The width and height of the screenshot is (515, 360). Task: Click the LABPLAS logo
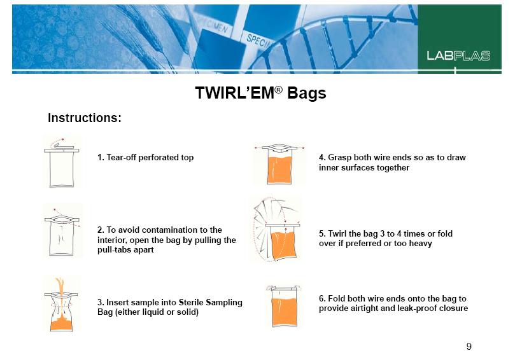(458, 56)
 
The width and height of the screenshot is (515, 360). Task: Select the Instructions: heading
(85, 118)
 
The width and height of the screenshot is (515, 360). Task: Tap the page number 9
(469, 346)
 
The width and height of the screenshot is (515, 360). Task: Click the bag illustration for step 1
(62, 163)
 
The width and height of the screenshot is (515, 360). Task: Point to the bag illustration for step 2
(62, 232)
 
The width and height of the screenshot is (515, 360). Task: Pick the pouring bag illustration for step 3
(61, 305)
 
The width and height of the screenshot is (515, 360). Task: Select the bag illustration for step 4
(279, 164)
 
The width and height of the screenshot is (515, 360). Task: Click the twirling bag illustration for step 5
(276, 230)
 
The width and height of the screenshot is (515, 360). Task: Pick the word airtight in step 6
(365, 308)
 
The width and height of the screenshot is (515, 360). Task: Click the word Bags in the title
(306, 93)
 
